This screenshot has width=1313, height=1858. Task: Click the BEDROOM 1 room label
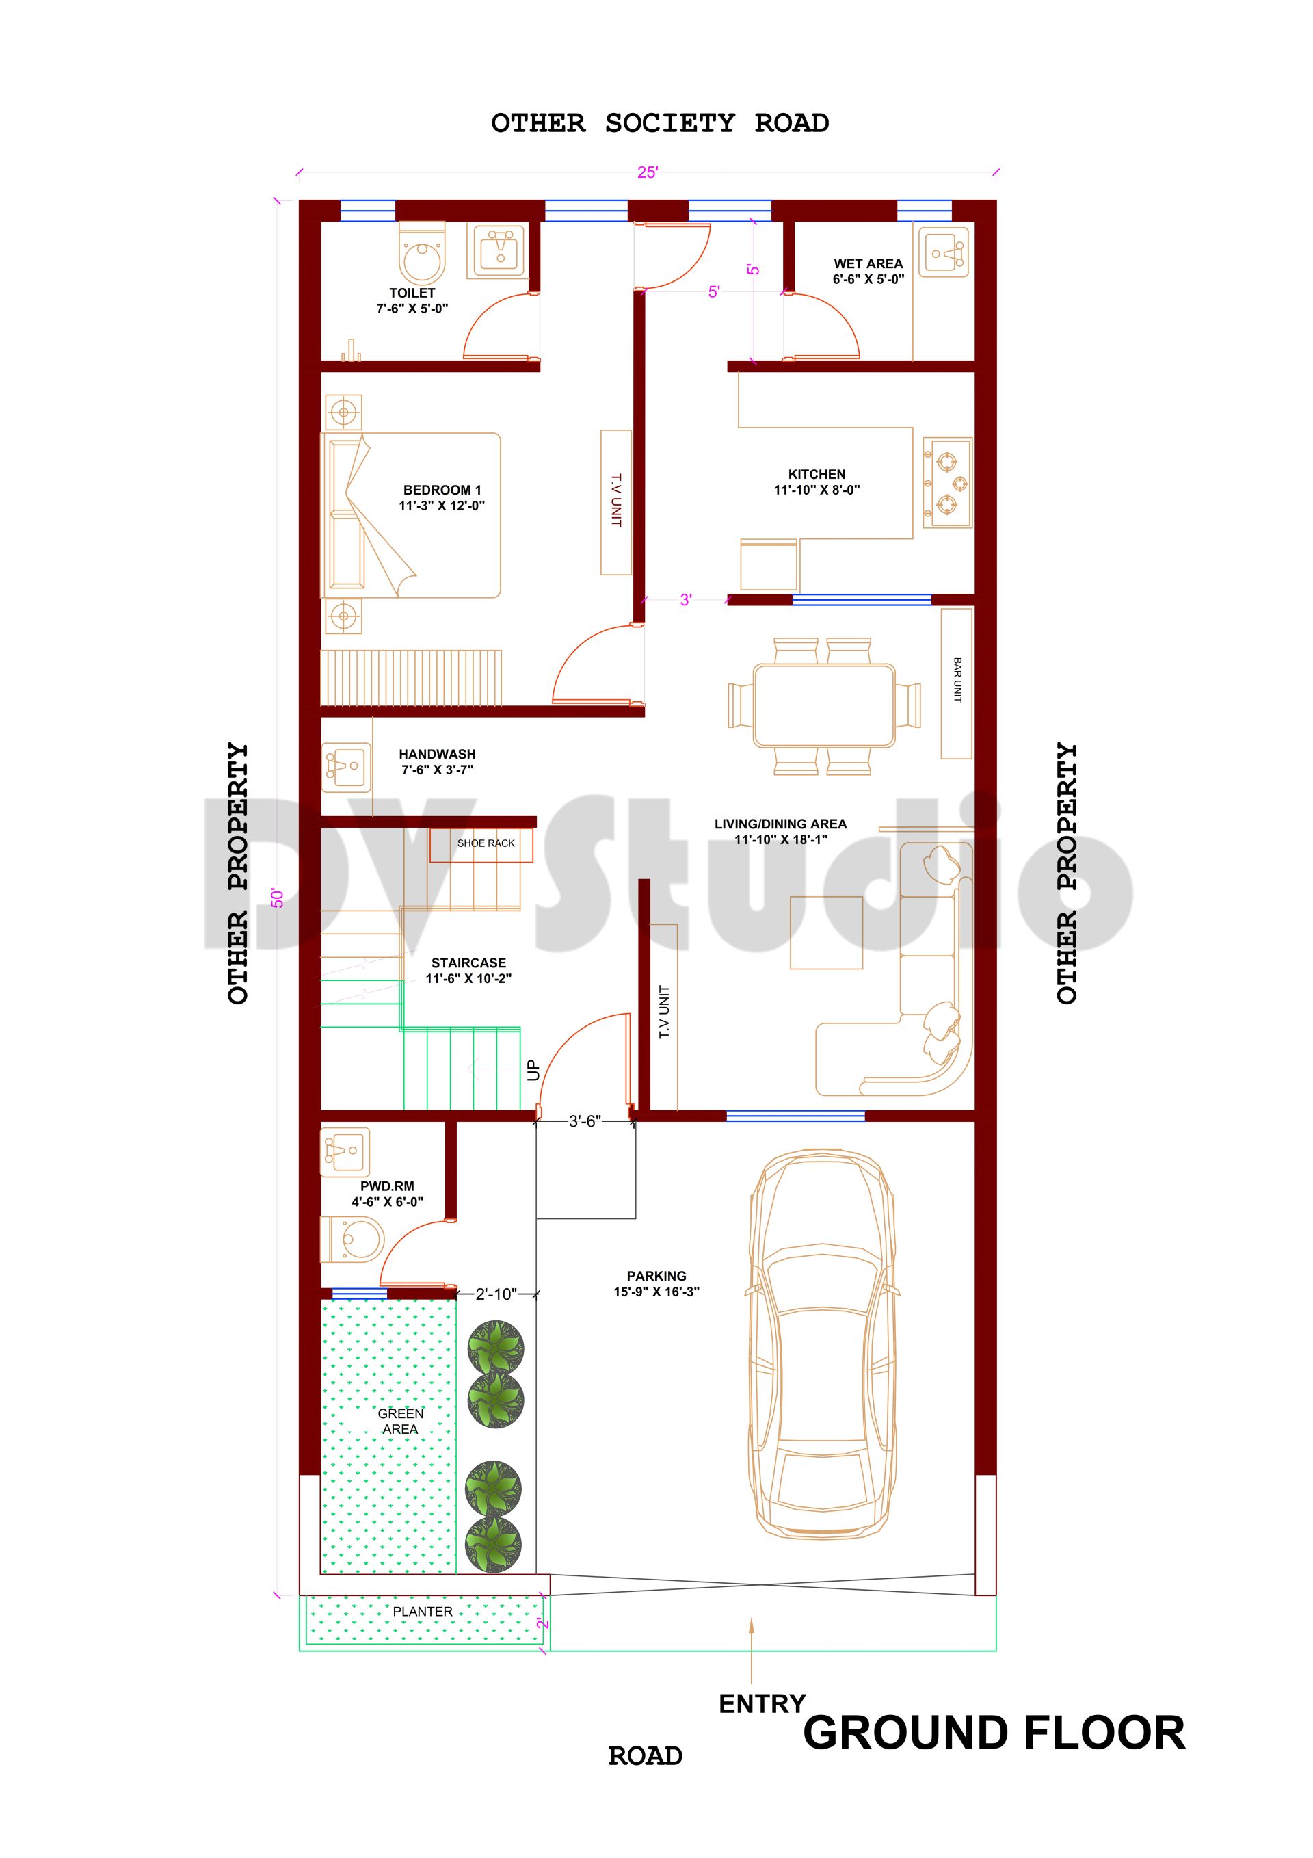442,490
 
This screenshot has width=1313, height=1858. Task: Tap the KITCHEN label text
817,474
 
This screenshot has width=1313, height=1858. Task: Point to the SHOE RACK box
486,843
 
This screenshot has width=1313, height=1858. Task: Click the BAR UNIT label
957,680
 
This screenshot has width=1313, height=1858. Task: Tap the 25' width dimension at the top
647,172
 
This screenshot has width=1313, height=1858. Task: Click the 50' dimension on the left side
278,898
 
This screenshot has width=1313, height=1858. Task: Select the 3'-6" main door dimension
584,1121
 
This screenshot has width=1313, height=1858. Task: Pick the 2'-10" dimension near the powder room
495,1294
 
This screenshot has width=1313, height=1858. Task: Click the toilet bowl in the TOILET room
421,255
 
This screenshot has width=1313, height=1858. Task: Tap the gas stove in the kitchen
947,483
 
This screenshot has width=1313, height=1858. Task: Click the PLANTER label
423,1611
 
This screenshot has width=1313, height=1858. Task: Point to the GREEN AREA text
401,1421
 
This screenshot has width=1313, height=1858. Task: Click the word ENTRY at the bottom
762,1704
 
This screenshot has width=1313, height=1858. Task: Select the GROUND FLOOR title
994,1733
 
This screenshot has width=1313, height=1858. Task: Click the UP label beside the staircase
532,1070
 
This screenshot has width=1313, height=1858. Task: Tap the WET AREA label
868,264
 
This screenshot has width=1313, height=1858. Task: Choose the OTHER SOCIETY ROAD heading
659,123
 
